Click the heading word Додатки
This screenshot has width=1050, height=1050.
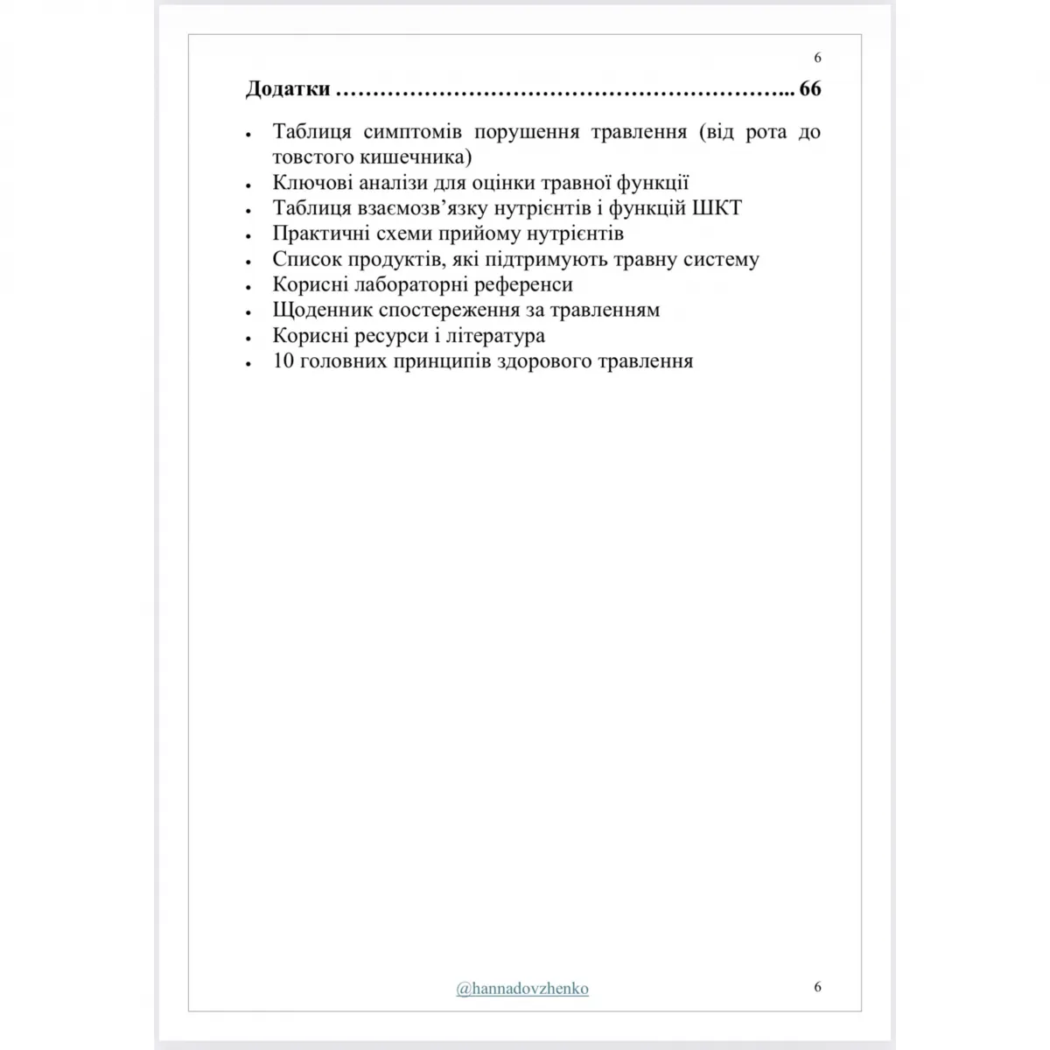click(288, 89)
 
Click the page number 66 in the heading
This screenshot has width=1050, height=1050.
click(810, 89)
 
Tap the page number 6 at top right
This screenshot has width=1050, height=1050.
click(817, 58)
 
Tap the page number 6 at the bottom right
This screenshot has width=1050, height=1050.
click(817, 987)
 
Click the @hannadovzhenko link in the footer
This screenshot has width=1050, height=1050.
click(522, 989)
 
